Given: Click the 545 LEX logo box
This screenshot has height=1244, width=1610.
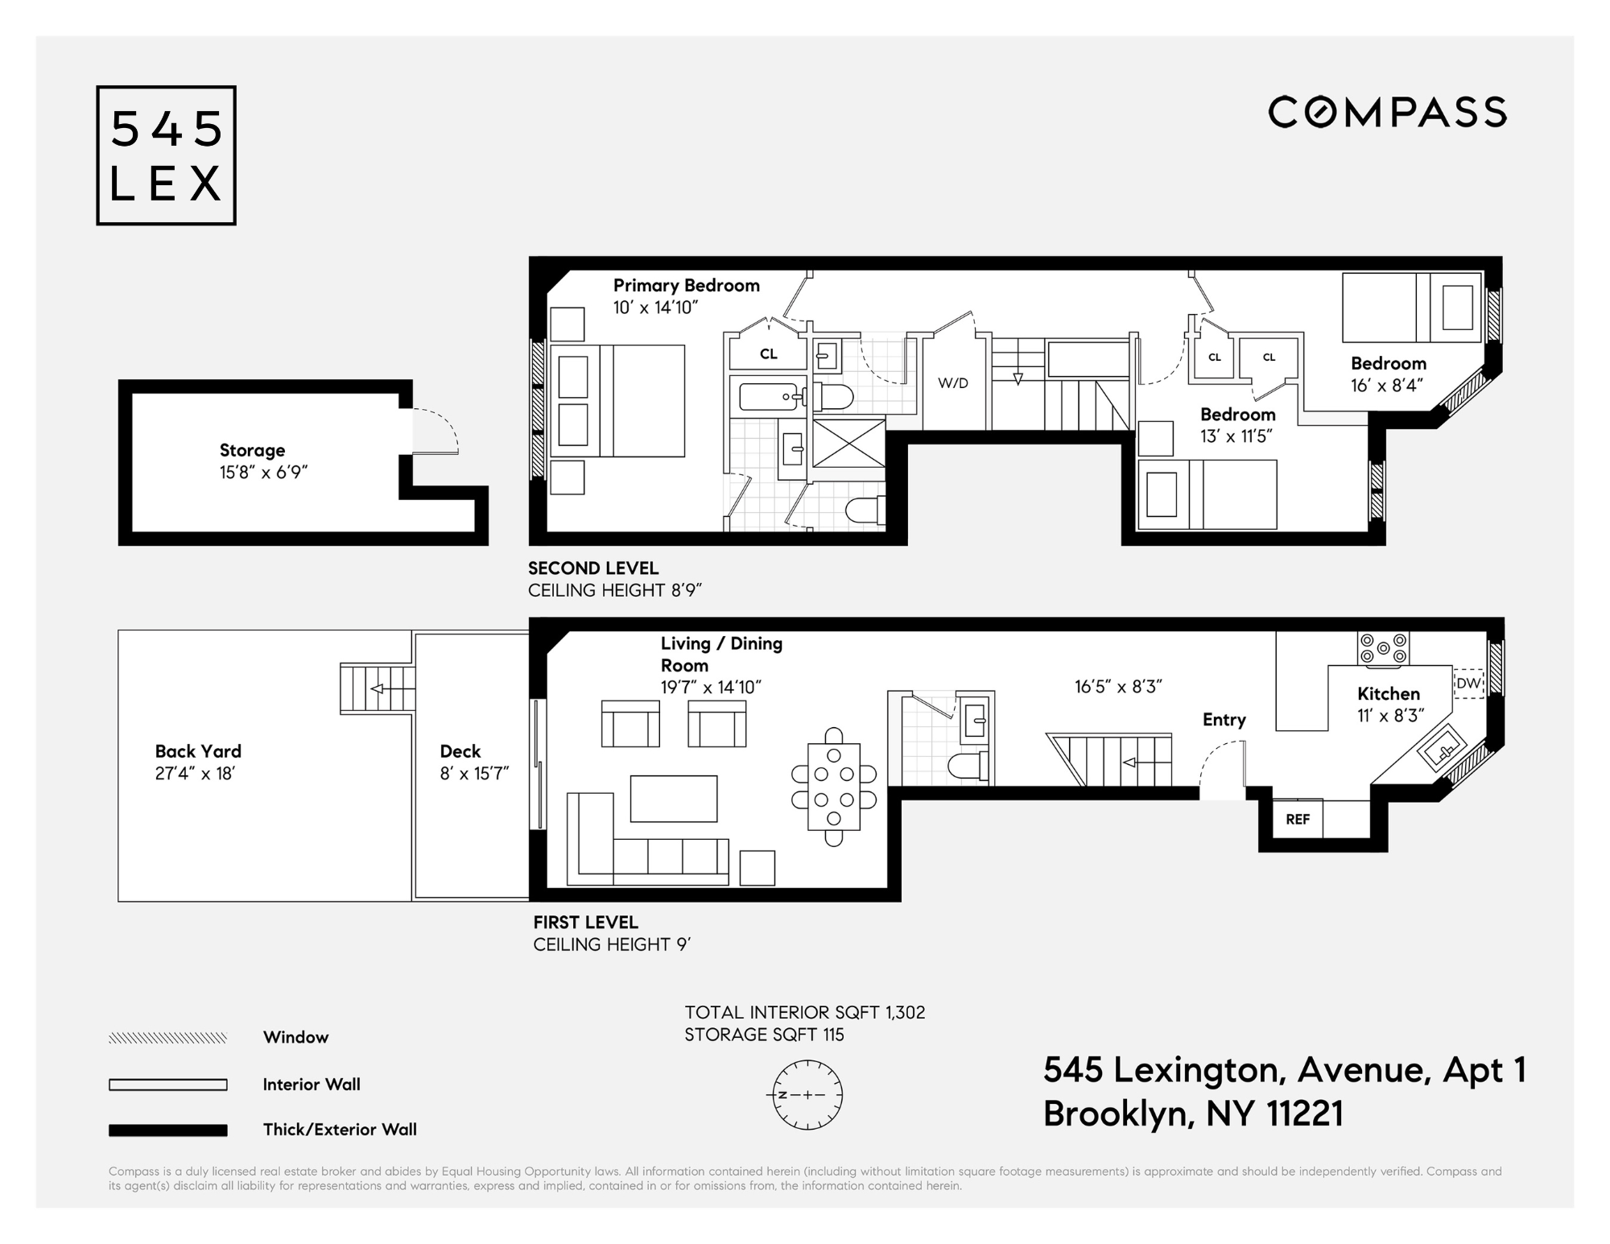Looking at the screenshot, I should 166,155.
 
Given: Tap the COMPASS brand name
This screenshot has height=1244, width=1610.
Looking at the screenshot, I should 1387,112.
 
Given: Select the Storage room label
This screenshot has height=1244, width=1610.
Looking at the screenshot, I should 252,450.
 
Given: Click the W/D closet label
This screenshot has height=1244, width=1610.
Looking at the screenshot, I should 953,383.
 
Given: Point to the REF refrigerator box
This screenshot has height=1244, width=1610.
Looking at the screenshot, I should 1298,819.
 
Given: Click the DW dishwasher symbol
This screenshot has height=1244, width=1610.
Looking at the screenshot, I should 1468,684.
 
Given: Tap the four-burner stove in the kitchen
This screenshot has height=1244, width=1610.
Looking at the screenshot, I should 1383,649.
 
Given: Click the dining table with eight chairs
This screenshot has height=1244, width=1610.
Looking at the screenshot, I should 834,787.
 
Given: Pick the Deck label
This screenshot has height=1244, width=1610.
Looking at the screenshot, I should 460,751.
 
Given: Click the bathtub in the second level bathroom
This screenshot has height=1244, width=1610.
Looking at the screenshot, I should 768,397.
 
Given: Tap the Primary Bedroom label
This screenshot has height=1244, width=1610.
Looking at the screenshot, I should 686,285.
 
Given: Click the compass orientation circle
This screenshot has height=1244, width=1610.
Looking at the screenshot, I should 807,1095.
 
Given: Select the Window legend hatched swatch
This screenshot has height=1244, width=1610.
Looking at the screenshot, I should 167,1038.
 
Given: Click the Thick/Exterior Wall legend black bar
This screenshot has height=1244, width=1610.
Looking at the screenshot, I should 167,1130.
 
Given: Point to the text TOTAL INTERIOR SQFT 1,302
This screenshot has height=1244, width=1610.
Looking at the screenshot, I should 804,1012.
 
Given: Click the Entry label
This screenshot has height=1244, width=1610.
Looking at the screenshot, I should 1224,720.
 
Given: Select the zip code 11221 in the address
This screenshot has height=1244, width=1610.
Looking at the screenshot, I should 1304,1114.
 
